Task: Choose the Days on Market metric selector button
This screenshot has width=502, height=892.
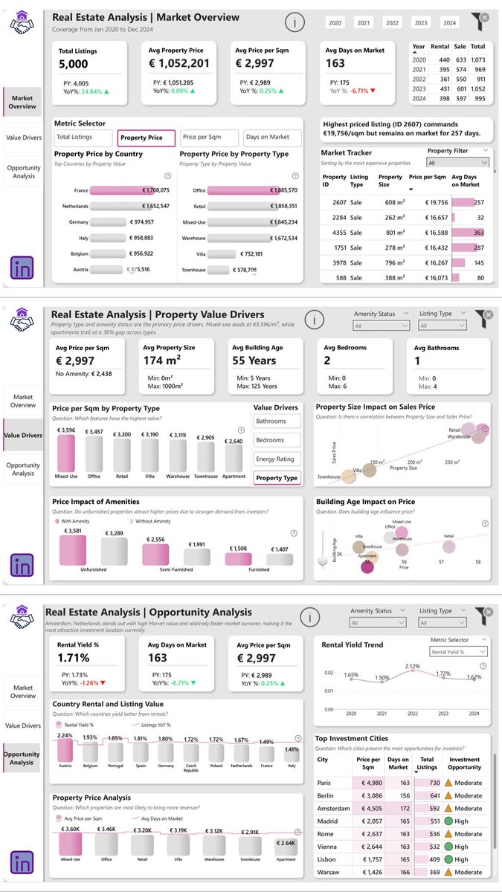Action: pyautogui.click(x=272, y=138)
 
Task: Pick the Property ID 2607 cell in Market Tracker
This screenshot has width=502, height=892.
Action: pyautogui.click(x=330, y=202)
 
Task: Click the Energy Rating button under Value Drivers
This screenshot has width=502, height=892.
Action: pyautogui.click(x=277, y=459)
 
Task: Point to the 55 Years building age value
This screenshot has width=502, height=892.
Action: pyautogui.click(x=254, y=361)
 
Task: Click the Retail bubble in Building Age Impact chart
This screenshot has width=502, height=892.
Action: pyautogui.click(x=448, y=547)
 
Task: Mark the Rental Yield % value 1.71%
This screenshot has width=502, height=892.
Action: pyautogui.click(x=74, y=658)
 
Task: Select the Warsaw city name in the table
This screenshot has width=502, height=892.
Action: pyautogui.click(x=329, y=871)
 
